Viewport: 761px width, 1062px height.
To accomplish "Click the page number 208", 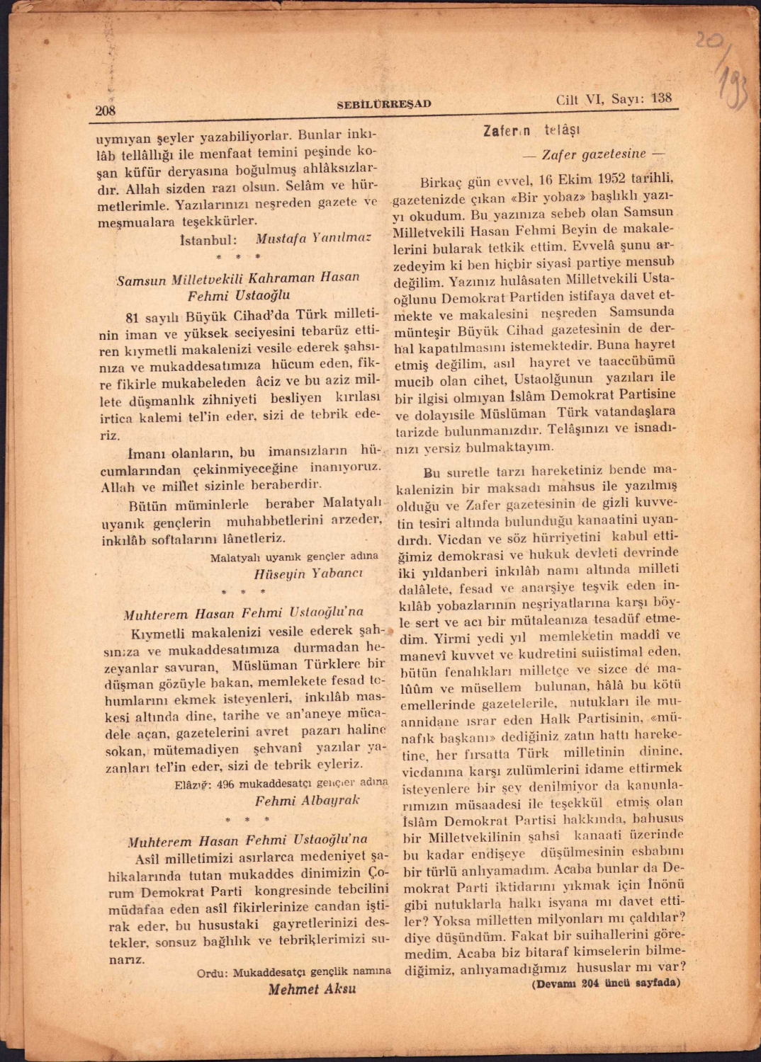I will click(106, 110).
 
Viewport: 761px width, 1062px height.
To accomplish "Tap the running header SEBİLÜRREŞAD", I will click(383, 104).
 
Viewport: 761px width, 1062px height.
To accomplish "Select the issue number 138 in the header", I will click(661, 98).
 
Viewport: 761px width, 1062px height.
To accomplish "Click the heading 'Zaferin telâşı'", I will click(531, 131).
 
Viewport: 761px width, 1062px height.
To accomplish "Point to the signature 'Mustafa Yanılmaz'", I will click(313, 238).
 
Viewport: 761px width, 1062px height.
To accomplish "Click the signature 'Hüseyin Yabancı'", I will click(308, 573).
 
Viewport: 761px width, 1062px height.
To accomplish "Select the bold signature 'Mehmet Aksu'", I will click(312, 989).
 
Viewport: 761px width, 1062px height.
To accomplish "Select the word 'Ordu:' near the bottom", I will click(212, 973).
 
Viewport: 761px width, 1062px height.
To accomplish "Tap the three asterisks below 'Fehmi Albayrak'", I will click(247, 820).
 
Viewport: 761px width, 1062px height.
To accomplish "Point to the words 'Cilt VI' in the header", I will click(579, 100).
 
